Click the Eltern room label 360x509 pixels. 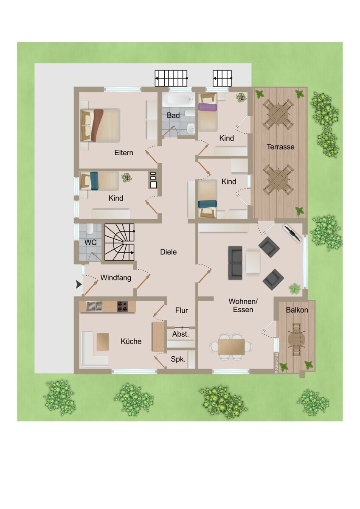click(x=124, y=152)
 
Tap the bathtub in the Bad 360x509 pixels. click(x=179, y=99)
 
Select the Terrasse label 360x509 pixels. click(x=281, y=147)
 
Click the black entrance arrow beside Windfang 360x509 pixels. click(x=79, y=284)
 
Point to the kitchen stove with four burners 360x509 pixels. click(x=123, y=306)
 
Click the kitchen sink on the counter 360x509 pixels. click(x=94, y=306)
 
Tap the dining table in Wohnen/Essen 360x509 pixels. click(x=231, y=347)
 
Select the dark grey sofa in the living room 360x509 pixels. click(x=235, y=263)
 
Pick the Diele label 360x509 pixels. click(x=168, y=252)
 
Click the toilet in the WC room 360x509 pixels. click(x=90, y=229)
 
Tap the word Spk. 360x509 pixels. click(x=178, y=359)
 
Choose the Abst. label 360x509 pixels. click(x=180, y=334)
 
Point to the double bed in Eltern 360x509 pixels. click(x=100, y=125)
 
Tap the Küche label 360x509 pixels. click(x=131, y=341)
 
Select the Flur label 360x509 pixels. click(x=181, y=310)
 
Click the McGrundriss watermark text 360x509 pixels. click(x=276, y=363)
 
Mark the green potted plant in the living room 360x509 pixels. click(x=295, y=289)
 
